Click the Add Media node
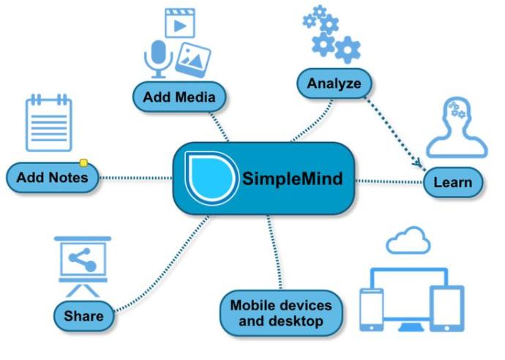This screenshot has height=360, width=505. point(179,97)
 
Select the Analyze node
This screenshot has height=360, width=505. point(334,83)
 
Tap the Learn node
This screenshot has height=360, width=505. point(453,182)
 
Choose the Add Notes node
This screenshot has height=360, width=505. point(53,177)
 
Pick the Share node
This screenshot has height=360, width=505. point(83,316)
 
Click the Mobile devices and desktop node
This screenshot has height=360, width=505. point(281,313)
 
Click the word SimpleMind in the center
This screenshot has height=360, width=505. point(292,179)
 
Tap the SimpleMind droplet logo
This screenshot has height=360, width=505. point(211,178)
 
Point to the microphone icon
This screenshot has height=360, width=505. point(158,59)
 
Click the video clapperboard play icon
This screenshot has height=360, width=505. point(180,23)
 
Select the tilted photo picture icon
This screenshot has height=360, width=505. point(193,60)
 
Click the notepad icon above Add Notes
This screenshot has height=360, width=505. point(48,123)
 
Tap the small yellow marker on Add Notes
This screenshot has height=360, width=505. point(83,163)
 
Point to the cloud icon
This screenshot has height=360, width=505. point(408,240)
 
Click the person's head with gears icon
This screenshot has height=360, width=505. point(457,128)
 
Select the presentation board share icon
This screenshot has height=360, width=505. point(83,266)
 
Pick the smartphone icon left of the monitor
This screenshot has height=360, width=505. point(371,310)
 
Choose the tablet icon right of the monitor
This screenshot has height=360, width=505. point(447,309)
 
